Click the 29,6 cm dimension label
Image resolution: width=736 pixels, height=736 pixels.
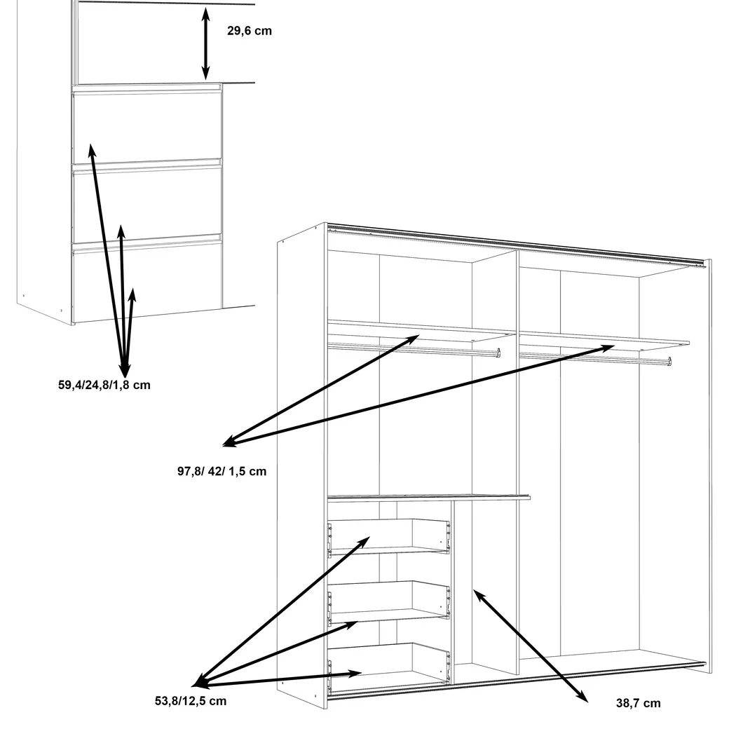point(250,31)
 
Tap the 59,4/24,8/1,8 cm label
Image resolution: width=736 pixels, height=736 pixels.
point(104,385)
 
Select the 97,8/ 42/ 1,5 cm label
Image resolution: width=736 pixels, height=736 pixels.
point(222,471)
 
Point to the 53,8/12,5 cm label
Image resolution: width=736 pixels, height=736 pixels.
point(191,701)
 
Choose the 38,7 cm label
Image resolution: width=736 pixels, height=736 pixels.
point(639,703)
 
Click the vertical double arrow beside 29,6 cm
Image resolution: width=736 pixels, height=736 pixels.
point(205,43)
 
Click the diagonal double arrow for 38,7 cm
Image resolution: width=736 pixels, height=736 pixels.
point(531,646)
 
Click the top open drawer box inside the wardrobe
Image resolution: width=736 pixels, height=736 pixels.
point(388,538)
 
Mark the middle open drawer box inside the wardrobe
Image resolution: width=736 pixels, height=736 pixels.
point(388,602)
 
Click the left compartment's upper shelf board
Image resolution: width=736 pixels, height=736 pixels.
point(421,330)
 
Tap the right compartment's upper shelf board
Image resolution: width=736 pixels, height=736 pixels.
point(604,340)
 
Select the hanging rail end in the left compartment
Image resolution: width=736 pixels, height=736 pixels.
point(498,353)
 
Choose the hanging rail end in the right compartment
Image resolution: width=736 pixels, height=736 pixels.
point(669,362)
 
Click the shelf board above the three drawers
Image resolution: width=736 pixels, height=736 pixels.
point(428,498)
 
